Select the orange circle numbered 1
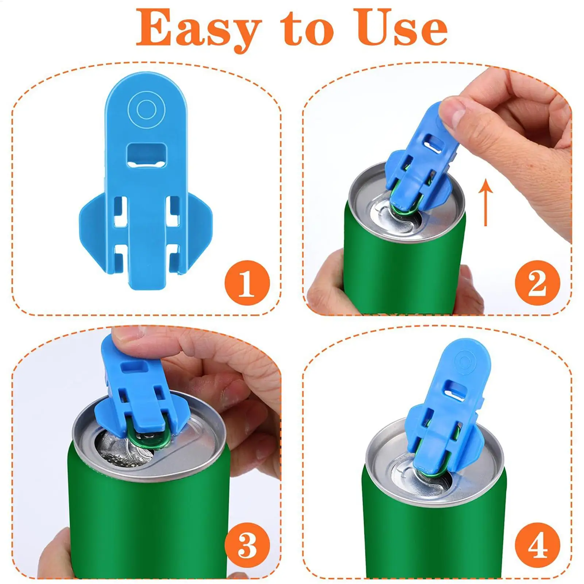(x=247, y=283)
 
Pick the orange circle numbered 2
(x=537, y=283)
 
